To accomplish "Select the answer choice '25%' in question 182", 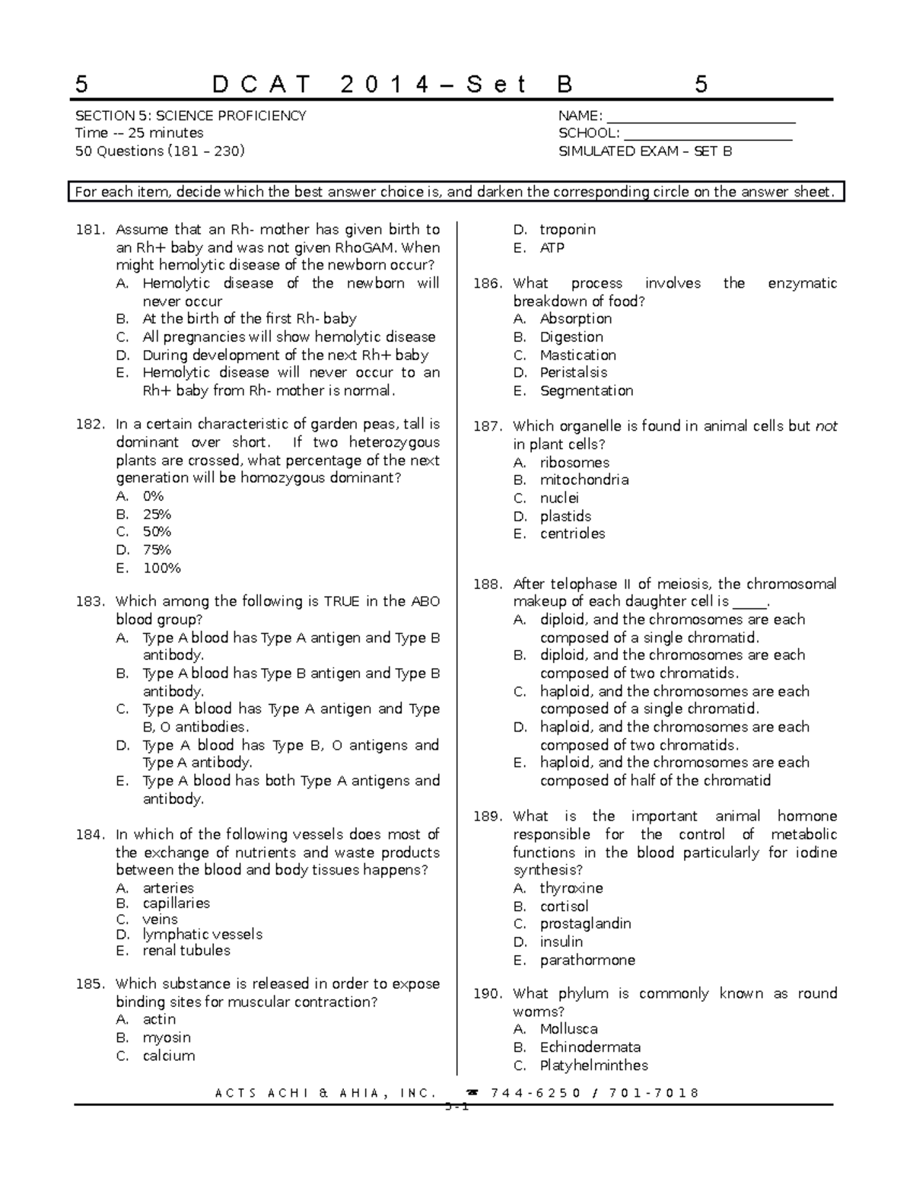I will pos(157,515).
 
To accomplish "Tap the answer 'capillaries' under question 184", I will pos(176,903).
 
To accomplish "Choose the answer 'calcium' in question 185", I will pos(169,1056).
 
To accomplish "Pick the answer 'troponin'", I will pos(568,230).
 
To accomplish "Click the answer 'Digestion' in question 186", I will pos(571,337).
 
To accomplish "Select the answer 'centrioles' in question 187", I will pos(572,534).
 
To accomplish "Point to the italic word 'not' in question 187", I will pos(826,426).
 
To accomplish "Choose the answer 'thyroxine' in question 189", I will pos(571,888).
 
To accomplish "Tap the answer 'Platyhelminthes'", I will pos(594,1066).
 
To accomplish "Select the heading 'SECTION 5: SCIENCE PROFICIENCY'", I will pos(190,116).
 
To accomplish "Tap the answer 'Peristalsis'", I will pos(574,372).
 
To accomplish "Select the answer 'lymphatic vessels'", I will pos(202,935).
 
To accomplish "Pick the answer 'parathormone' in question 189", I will pos(587,960).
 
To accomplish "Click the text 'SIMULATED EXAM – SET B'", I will pos(645,151).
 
